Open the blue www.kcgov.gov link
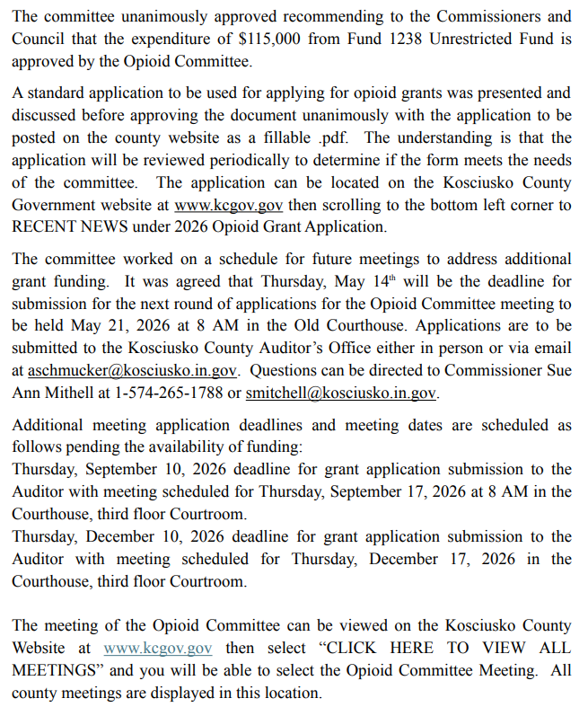pyautogui.click(x=158, y=648)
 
